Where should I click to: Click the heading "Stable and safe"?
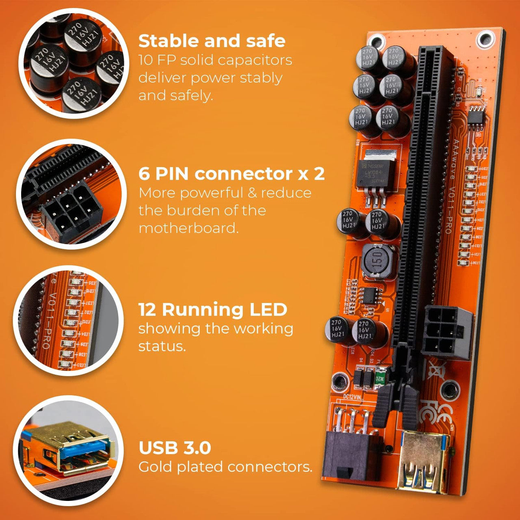click(x=212, y=41)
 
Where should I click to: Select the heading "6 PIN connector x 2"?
click(x=232, y=174)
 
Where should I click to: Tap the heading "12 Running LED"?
click(x=212, y=310)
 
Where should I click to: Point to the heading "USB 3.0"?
click(x=175, y=448)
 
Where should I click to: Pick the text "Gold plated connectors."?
click(x=225, y=467)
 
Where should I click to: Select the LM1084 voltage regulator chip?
click(x=375, y=173)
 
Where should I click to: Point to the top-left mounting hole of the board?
click(x=377, y=41)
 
